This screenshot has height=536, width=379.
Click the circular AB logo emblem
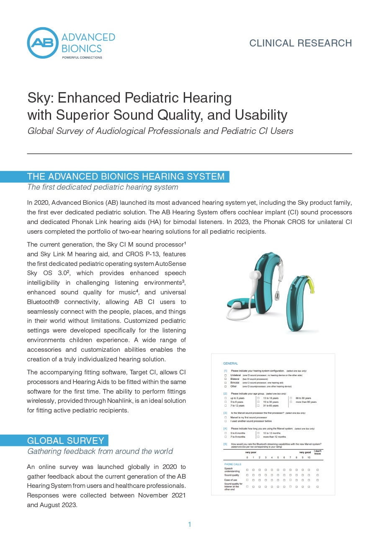43,43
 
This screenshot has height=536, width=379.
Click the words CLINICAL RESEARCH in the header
300,43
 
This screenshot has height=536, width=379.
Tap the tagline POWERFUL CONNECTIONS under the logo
82,57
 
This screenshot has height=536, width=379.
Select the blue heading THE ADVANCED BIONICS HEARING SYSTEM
126,177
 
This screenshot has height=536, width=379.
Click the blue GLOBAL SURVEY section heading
66,441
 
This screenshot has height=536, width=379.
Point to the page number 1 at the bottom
190,524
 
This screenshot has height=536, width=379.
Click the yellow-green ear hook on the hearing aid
309,286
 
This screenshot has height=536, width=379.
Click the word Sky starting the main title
39,98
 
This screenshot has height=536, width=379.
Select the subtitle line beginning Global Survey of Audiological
160,131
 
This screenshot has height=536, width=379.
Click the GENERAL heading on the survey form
230,363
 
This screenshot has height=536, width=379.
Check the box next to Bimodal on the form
225,383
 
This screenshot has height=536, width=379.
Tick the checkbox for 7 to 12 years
225,406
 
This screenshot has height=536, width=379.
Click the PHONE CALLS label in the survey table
232,464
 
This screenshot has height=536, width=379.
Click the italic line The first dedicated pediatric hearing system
103,187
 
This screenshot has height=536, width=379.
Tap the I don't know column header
317,452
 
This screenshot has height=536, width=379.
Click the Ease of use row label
231,480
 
